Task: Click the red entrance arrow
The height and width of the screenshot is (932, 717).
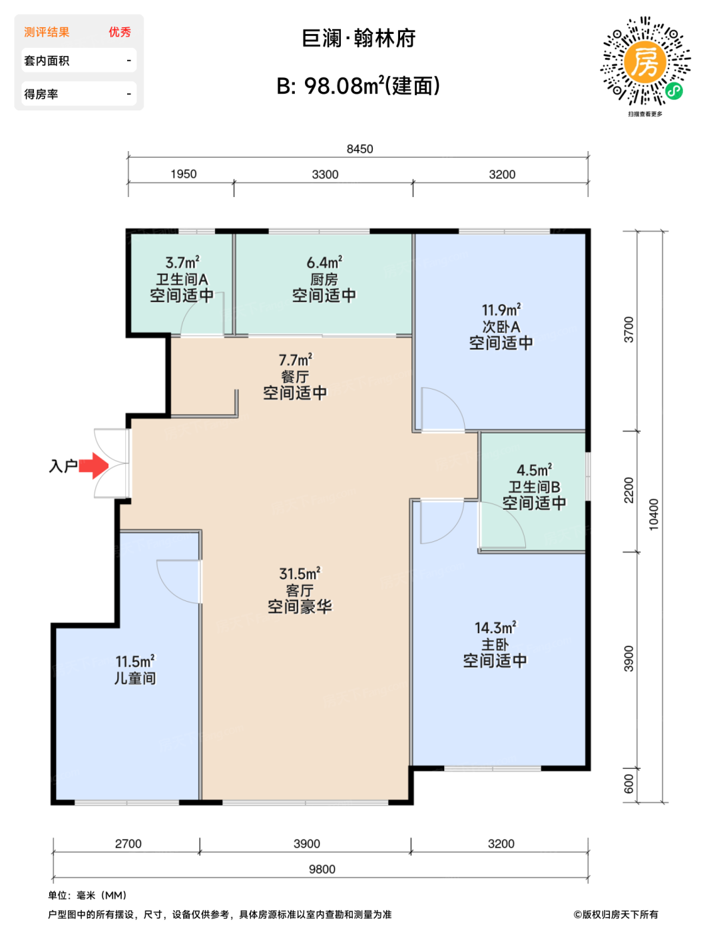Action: tap(94, 465)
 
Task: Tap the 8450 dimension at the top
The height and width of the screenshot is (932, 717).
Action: tap(359, 149)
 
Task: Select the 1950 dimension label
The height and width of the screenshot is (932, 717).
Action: tap(184, 174)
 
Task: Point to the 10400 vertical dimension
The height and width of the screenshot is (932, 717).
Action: tap(653, 514)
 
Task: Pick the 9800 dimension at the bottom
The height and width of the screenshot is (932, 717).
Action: tap(322, 869)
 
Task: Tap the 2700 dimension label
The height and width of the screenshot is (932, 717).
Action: tap(128, 843)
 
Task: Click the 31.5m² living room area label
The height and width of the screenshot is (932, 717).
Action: tap(300, 573)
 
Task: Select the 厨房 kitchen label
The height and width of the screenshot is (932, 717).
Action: tap(324, 280)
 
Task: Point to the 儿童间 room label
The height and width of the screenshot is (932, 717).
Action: tap(134, 678)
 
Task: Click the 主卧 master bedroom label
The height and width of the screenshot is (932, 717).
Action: tap(495, 644)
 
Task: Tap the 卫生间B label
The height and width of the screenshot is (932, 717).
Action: tap(534, 487)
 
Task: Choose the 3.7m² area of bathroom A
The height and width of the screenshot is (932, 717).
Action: tap(182, 262)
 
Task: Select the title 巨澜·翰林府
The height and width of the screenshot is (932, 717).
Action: tap(358, 39)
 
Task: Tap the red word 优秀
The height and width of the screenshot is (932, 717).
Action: tap(120, 32)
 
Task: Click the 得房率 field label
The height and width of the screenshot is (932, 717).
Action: tap(41, 94)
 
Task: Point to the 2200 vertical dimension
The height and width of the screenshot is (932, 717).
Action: tap(628, 490)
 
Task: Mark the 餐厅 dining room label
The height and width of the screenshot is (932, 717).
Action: tap(295, 377)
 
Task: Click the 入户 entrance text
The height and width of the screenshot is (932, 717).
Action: tap(63, 466)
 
